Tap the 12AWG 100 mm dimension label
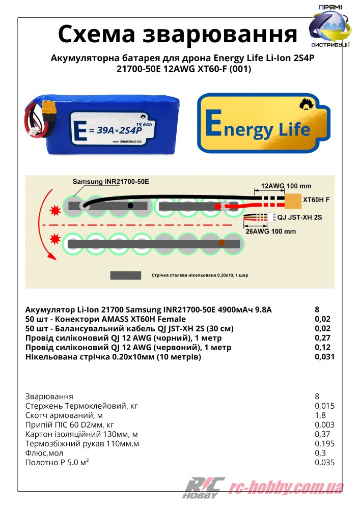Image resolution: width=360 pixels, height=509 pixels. (280, 187)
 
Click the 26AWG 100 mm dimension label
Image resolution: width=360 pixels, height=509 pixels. (270, 231)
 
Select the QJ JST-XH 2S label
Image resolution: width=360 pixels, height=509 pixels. (300, 217)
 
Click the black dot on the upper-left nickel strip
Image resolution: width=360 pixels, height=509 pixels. (131, 206)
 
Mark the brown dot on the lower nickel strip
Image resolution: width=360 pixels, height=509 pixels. (221, 244)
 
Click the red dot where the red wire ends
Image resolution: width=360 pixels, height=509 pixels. (218, 207)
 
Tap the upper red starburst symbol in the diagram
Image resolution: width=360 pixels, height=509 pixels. (53, 209)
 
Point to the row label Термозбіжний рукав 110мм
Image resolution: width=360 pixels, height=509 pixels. (82, 444)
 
